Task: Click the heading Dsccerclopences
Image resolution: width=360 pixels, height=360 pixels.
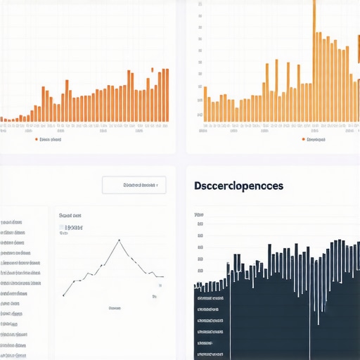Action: (238, 186)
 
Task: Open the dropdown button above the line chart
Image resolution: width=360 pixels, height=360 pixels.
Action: (134, 185)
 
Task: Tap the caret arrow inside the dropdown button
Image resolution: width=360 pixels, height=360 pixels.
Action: (157, 186)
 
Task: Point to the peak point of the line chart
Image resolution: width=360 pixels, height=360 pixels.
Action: (120, 240)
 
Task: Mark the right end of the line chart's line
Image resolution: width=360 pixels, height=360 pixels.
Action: (163, 276)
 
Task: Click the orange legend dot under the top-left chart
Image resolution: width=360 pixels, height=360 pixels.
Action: (36, 139)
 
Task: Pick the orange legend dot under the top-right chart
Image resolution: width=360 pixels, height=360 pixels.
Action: (303, 139)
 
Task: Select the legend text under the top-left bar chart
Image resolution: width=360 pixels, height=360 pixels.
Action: (51, 139)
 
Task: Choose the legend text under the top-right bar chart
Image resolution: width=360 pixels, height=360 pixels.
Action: (317, 139)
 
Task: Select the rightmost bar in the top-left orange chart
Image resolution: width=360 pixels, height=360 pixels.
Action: (167, 95)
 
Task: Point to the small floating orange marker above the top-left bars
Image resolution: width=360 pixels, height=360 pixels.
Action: (153, 70)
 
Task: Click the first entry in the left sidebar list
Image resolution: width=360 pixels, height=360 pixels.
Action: (13, 221)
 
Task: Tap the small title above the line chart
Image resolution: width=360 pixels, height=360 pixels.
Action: (70, 215)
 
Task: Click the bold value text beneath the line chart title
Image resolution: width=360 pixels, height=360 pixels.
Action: (74, 228)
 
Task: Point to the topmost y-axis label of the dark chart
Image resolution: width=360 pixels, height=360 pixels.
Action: (199, 214)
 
